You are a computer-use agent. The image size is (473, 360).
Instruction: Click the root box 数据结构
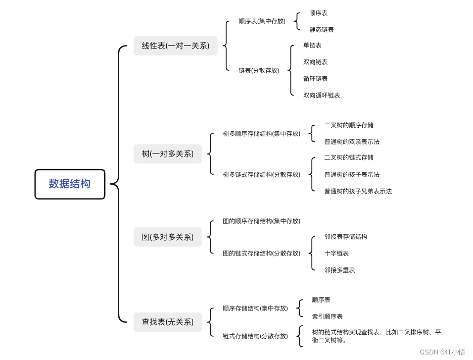70,184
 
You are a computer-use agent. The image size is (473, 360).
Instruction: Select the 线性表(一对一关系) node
175,46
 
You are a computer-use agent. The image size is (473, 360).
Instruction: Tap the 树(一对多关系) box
167,154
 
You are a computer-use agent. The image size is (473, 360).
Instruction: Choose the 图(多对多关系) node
167,237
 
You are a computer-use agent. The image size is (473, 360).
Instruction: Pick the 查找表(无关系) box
167,322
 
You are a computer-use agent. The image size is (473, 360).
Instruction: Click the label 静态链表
321,30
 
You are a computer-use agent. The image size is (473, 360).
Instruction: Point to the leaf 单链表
312,45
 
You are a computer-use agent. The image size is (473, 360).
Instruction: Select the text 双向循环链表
321,95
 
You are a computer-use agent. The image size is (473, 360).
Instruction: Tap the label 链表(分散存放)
259,71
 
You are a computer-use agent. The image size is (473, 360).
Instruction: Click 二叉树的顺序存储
349,125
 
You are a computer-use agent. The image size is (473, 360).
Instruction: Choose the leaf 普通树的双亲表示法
352,142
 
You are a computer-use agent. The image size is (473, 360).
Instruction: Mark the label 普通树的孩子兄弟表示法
358,191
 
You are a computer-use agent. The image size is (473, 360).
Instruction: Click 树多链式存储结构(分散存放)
261,175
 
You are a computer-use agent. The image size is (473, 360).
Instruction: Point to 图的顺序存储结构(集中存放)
261,221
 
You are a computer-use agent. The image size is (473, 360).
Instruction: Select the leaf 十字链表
337,253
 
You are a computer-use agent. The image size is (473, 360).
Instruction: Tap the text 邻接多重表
340,270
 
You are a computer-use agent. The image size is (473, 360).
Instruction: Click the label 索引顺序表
327,317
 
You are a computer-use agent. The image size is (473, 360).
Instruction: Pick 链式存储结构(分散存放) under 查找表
255,336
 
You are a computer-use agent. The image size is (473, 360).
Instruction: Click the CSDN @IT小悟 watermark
443,352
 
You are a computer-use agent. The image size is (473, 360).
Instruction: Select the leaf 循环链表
315,79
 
